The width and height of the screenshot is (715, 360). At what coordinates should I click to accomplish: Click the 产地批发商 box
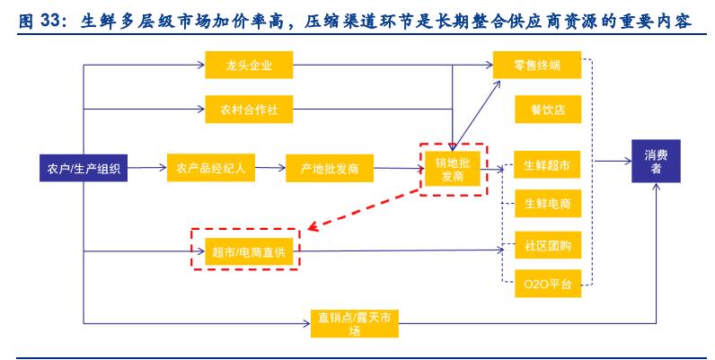tap(329, 167)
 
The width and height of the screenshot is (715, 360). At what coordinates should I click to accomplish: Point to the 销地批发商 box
tap(452, 168)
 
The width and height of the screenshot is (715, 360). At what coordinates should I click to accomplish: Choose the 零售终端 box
tap(538, 66)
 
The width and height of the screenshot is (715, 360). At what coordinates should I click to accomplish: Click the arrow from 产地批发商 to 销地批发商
tap(398, 167)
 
